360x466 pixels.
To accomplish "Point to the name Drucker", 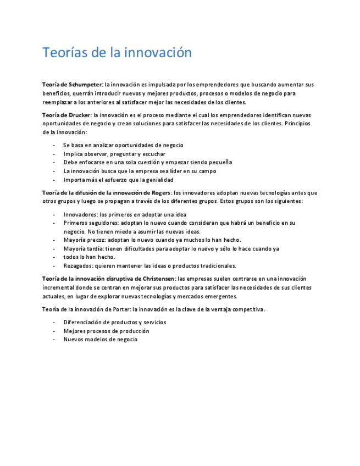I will tap(80, 115).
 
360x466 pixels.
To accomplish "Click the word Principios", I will tap(298, 124).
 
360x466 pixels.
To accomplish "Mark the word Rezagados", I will tap(79, 266).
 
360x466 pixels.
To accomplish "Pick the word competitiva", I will tap(246, 309).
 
